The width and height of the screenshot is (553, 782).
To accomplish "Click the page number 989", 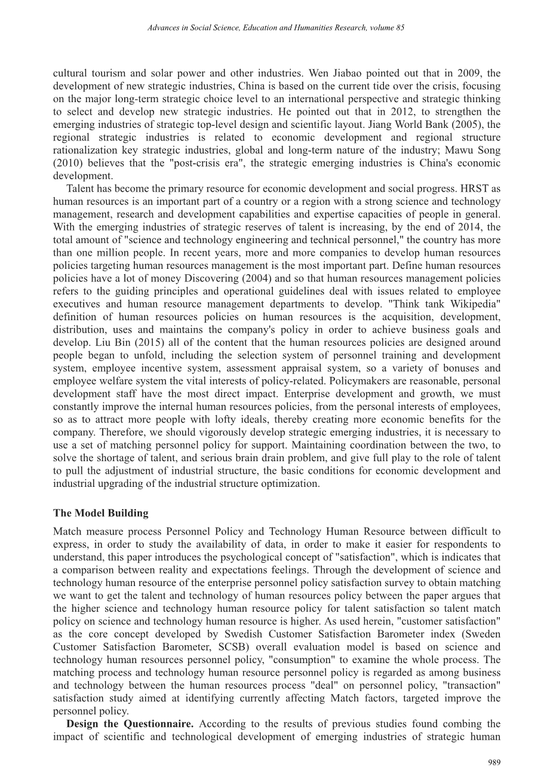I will click(493, 762).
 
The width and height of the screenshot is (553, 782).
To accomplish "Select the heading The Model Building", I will click(100, 513).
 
